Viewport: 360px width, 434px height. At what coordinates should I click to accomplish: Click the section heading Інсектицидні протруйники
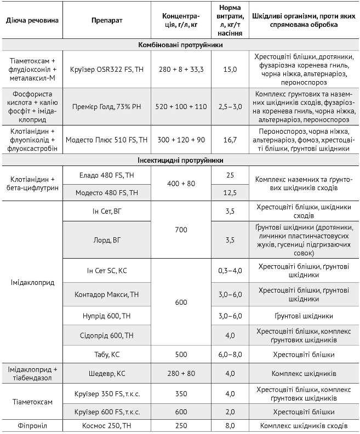coord(180,160)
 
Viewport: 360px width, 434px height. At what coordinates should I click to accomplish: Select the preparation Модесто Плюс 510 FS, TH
coord(106,140)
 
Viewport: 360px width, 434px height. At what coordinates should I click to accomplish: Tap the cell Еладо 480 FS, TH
coord(106,175)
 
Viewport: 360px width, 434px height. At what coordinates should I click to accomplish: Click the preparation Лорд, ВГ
coord(106,239)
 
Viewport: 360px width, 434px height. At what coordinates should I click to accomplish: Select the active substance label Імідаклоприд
coord(32,283)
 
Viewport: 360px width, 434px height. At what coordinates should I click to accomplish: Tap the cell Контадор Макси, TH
coord(106,295)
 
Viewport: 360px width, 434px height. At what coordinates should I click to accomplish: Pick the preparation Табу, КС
coord(106,354)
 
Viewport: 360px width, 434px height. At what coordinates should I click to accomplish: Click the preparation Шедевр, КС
coord(106,374)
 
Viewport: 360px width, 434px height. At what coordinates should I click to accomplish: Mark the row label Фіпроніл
coord(32,425)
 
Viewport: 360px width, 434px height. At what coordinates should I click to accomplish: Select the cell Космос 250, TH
coord(106,425)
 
